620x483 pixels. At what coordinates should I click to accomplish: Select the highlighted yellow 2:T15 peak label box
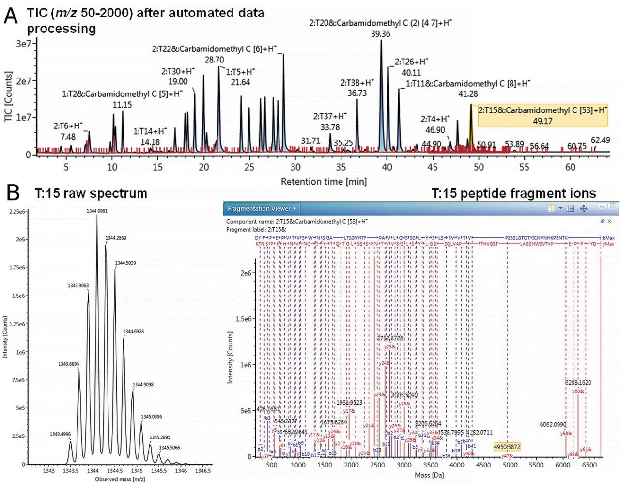point(542,116)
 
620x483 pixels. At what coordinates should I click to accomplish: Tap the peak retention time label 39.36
point(380,34)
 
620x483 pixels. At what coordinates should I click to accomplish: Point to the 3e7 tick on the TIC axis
point(23,44)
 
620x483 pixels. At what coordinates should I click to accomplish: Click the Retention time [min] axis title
point(324,182)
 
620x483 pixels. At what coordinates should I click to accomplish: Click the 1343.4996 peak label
point(60,434)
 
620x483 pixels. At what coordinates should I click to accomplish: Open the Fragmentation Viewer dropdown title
point(262,209)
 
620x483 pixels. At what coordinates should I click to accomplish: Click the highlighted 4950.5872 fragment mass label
point(507,446)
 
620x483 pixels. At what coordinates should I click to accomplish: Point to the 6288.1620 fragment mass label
point(578,382)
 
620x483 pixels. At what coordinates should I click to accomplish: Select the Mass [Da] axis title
point(429,475)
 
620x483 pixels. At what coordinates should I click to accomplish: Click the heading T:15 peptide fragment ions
point(513,194)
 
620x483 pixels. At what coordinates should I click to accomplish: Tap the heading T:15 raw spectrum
point(91,193)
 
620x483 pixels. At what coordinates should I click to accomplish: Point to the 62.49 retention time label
point(600,140)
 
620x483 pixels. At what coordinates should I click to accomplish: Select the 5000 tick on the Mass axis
point(510,465)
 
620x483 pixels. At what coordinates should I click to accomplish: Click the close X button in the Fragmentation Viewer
point(609,221)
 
